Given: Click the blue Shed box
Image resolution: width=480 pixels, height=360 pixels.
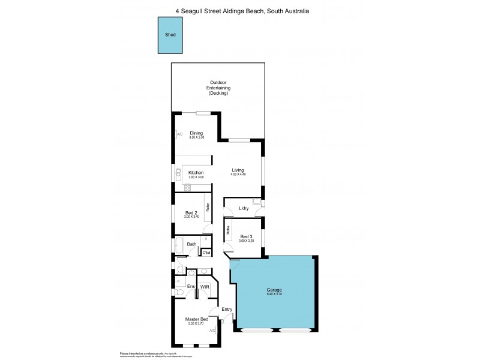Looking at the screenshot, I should tap(170, 34).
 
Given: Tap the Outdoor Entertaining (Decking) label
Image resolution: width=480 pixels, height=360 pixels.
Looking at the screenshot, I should tap(218, 88).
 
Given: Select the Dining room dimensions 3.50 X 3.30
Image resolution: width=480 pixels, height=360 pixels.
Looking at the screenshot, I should tap(196, 138).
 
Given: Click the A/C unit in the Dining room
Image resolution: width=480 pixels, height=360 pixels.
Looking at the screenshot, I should tap(179, 134).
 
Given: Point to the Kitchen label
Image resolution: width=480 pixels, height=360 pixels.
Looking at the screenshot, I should tap(196, 173).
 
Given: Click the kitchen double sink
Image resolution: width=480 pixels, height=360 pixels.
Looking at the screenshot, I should tap(179, 174).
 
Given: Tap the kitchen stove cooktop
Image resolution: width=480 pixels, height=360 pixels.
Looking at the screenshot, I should tap(187, 188).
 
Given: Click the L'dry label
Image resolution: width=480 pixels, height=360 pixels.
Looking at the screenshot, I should tap(244, 208).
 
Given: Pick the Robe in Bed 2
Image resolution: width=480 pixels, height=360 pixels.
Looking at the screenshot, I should tap(208, 208).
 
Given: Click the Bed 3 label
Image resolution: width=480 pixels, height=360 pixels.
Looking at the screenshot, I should tap(246, 236).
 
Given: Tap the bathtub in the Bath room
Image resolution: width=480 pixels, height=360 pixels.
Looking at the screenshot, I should tap(179, 244).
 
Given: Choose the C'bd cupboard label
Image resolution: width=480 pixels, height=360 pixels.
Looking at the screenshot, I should tap(206, 253).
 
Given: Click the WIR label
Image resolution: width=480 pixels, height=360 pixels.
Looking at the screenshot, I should tap(205, 287).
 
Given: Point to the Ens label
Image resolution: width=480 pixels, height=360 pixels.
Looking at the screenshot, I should tap(191, 287).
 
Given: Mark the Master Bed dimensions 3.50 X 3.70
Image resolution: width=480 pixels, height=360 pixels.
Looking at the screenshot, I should tap(196, 324).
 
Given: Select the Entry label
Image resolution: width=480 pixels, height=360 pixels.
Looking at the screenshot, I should tap(227, 310).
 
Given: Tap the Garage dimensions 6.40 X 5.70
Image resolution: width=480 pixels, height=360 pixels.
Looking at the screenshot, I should tap(274, 295).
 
